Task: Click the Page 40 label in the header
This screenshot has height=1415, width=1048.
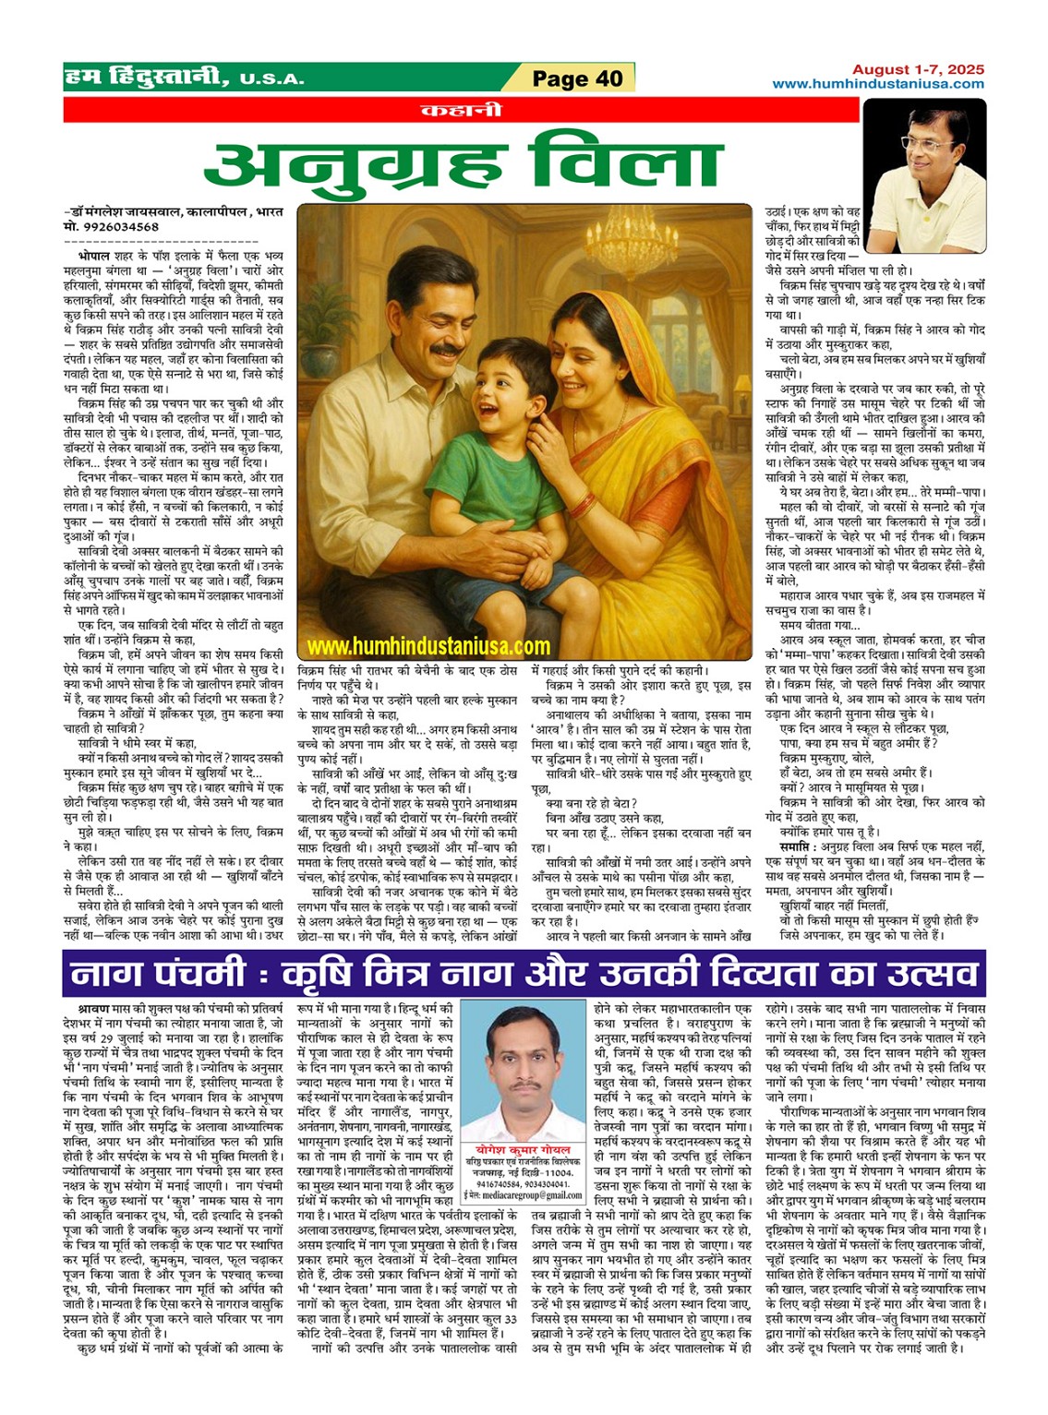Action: [x=577, y=78]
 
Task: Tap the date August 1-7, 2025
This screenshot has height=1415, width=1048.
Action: [x=918, y=69]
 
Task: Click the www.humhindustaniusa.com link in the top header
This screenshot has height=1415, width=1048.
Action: [x=878, y=84]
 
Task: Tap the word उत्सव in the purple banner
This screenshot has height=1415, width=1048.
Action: [x=913, y=973]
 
